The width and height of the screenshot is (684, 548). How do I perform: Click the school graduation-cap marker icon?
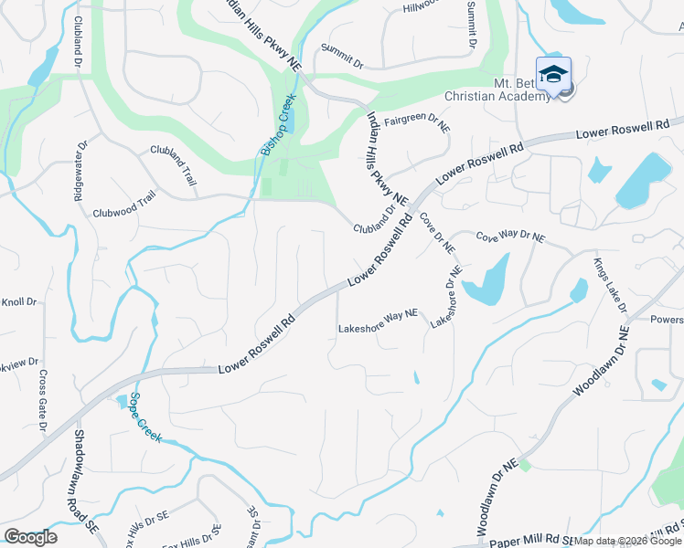[553, 73]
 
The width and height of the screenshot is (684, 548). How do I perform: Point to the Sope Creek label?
[145, 417]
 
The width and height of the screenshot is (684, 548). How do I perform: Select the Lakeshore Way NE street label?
[378, 321]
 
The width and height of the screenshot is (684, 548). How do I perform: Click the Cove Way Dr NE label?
[509, 237]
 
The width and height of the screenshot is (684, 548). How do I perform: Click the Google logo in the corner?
[30, 536]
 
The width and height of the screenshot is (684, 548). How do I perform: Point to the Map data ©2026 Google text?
[628, 541]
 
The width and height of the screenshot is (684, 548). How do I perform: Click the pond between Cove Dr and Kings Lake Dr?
[486, 280]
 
